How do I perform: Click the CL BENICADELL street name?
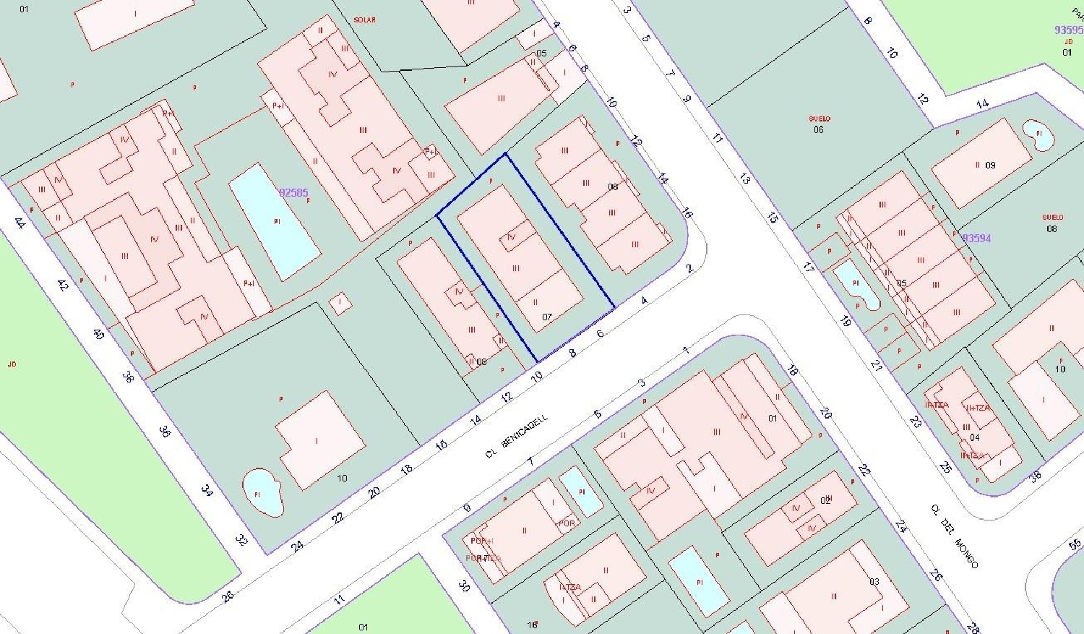[x=516, y=437]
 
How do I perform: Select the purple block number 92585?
[x=293, y=193]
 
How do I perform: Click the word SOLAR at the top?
[x=365, y=20]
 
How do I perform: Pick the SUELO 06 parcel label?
[x=819, y=124]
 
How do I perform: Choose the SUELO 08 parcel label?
[x=1052, y=223]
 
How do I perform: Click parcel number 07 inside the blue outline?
[x=547, y=317]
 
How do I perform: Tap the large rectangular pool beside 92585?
[x=275, y=221]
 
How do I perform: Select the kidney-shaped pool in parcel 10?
[x=262, y=492]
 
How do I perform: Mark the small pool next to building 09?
[x=1038, y=135]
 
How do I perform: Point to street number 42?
[x=62, y=285]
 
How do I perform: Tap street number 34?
[x=207, y=490]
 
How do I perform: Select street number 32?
[x=241, y=539]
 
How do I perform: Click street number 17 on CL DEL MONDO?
[x=808, y=267]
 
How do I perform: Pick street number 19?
[x=845, y=321]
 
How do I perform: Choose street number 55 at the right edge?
[x=1075, y=544]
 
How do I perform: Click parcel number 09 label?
[x=990, y=166]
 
